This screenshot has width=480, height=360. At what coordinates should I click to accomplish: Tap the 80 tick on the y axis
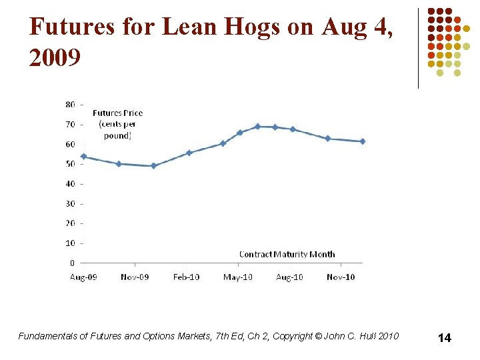point(70,104)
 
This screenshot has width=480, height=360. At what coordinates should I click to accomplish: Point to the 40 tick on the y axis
point(70,183)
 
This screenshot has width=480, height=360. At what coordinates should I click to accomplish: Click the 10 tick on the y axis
point(70,243)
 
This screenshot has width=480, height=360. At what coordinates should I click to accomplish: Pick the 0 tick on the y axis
point(72,263)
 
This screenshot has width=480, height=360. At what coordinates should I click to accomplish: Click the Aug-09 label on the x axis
point(83,277)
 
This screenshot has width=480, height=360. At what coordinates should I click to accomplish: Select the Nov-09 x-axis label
point(135,277)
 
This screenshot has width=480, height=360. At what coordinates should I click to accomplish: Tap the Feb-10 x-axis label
point(186,277)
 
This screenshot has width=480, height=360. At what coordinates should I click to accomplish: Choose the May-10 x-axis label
point(237,277)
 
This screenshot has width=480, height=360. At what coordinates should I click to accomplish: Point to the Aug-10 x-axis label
point(289,277)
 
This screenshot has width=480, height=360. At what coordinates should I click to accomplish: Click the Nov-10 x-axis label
point(341,277)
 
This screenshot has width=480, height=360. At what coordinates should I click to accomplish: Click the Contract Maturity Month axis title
point(287,254)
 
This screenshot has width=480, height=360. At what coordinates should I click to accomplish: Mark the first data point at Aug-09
point(83,157)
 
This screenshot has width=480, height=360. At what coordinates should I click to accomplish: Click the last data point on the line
point(363,141)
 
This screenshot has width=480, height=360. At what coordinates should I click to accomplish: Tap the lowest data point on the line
point(153,166)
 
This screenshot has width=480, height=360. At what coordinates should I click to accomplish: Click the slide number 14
point(444,338)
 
